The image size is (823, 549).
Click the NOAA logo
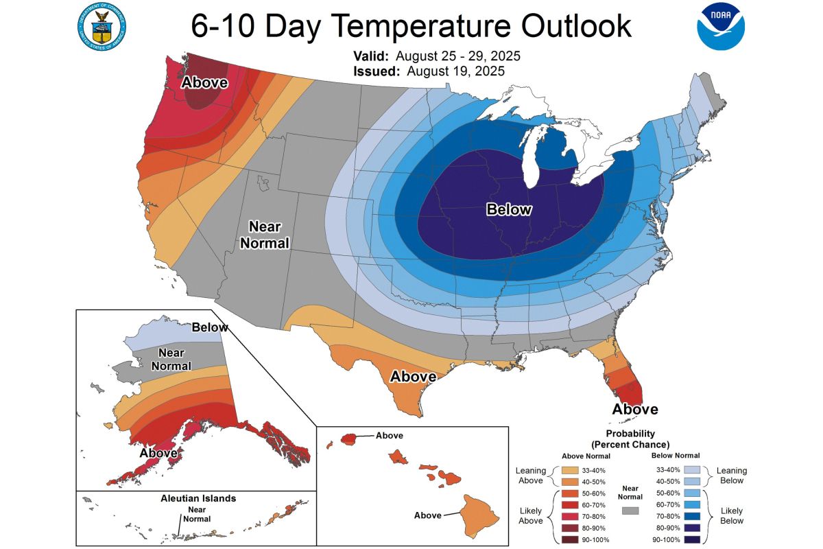pyautogui.click(x=719, y=25)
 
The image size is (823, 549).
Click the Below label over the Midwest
pyautogui.click(x=508, y=209)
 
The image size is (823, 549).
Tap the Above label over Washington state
pyautogui.click(x=204, y=83)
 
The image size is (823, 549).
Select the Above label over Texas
pyautogui.click(x=413, y=377)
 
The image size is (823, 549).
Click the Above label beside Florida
pyautogui.click(x=635, y=410)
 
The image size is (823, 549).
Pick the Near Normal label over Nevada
pyautogui.click(x=269, y=235)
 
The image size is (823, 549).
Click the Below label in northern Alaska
pyautogui.click(x=210, y=327)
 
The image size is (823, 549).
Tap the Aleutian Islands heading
pyautogui.click(x=193, y=498)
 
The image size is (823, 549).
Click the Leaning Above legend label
pyautogui.click(x=530, y=476)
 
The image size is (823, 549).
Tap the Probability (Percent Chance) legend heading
pyautogui.click(x=630, y=439)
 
